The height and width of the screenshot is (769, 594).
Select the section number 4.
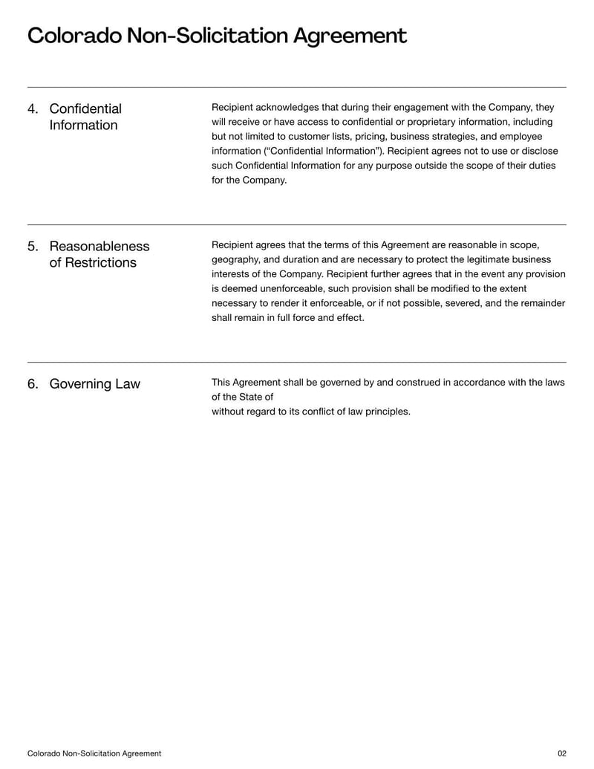tap(33, 109)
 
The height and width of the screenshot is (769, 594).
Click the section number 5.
tap(33, 247)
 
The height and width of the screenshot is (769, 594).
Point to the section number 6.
tap(33, 384)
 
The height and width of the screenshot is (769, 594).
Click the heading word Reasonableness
tap(99, 247)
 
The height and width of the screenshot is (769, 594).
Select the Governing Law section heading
tap(94, 384)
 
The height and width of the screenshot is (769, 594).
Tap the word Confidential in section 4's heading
tap(85, 109)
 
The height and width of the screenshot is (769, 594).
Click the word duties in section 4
tap(541, 166)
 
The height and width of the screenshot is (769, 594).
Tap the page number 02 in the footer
tap(561, 753)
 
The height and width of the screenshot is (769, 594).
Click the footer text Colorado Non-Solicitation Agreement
tap(94, 753)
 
